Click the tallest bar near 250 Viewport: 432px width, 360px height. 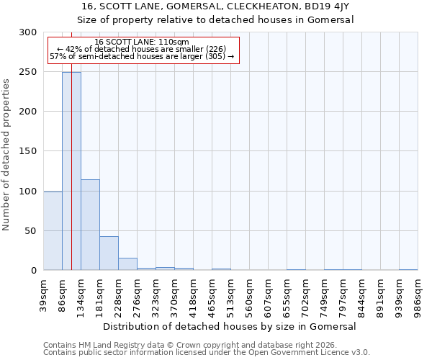point(71,171)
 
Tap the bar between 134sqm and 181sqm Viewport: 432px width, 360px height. point(90,225)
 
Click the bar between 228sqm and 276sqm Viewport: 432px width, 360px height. point(127,264)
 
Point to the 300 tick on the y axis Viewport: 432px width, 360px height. point(28,32)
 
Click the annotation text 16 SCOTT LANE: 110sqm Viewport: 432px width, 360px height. point(142,42)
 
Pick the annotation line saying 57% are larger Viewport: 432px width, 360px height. point(142,56)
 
